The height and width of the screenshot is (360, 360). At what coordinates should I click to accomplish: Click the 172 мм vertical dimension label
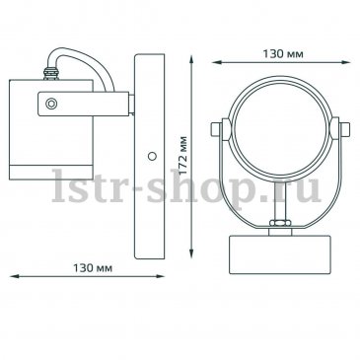pyautogui.click(x=183, y=155)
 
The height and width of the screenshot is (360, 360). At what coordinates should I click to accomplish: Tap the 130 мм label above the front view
pyautogui.click(x=283, y=54)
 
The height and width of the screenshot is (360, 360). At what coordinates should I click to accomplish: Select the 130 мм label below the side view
pyautogui.click(x=93, y=268)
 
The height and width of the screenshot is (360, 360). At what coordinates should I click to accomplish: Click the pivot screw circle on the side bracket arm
pyautogui.click(x=51, y=104)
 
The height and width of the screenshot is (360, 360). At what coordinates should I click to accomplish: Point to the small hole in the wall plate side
pyautogui.click(x=152, y=156)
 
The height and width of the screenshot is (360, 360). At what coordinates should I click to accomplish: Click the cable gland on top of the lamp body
pyautogui.click(x=51, y=74)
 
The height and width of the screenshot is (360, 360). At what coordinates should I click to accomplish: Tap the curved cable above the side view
pyautogui.click(x=82, y=67)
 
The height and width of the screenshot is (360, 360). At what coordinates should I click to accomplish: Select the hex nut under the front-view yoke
pyautogui.click(x=280, y=223)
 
